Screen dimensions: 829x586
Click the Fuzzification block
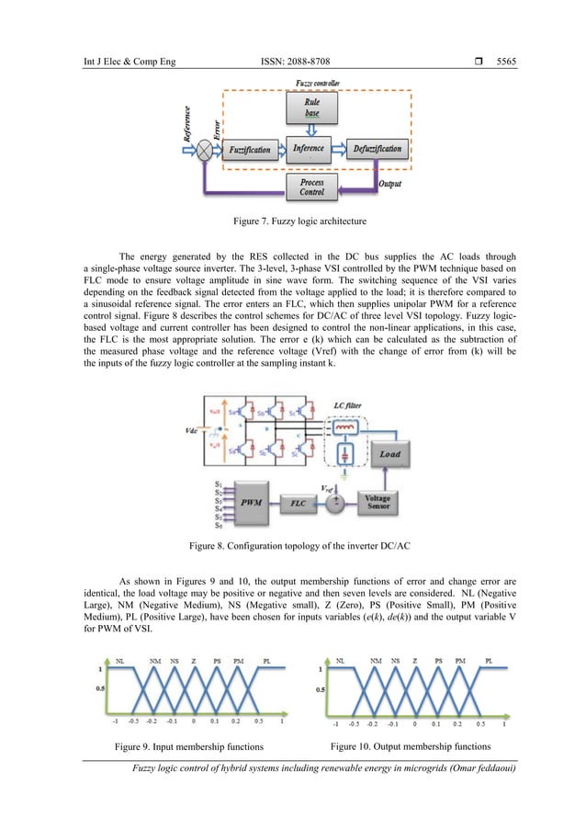[x=245, y=148]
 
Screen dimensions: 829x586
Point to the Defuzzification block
[x=377, y=148]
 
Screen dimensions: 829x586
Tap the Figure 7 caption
[x=293, y=221]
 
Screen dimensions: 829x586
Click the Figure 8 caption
[x=292, y=546]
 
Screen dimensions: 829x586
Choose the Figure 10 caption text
[x=409, y=745]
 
